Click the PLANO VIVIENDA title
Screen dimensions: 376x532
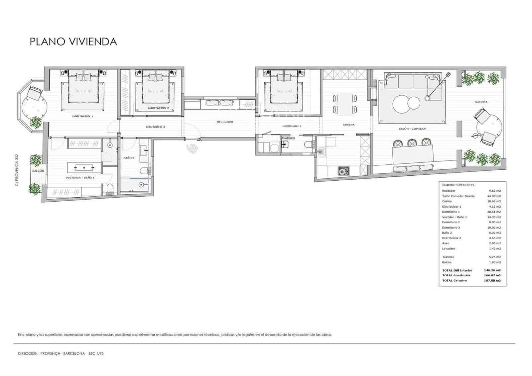point(73,42)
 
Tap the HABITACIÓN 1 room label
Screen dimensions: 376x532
point(82,116)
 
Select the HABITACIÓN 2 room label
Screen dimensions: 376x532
point(158,108)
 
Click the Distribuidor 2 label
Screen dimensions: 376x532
point(155,127)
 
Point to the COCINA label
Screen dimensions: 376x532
point(348,125)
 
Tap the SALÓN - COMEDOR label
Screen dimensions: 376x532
point(412,129)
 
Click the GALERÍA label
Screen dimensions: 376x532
point(481,102)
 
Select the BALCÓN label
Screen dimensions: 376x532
point(38,171)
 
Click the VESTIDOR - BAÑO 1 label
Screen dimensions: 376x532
point(80,178)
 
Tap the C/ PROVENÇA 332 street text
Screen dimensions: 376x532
point(17,169)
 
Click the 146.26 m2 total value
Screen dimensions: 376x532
point(492,270)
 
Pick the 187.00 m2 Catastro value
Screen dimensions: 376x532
point(492,281)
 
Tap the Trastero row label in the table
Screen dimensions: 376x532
point(448,257)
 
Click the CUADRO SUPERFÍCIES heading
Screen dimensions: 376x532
point(458,185)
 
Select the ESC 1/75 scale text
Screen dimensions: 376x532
point(96,354)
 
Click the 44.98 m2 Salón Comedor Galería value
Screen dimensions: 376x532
point(494,196)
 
